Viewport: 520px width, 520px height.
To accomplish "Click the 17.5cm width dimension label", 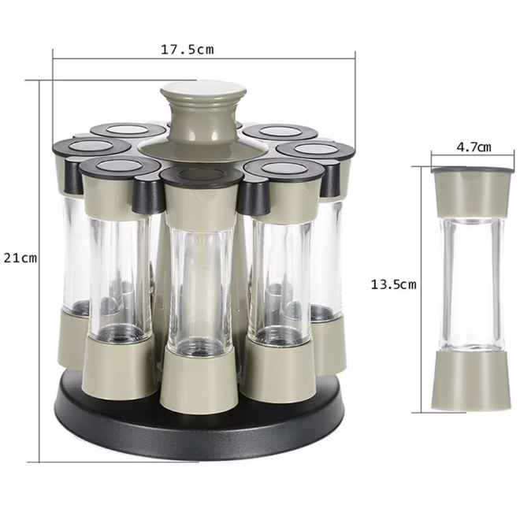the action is [x=188, y=50].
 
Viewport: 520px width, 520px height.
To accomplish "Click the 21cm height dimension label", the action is [x=20, y=258].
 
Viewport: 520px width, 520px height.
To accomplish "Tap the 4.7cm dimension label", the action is [x=474, y=147].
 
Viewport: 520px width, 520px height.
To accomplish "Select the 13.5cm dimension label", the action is [x=393, y=284].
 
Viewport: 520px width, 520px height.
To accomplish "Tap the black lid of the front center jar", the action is [x=202, y=176].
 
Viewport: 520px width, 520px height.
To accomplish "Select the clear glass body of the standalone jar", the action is [x=472, y=284].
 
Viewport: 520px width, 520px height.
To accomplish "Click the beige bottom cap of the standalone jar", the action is [x=471, y=381].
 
